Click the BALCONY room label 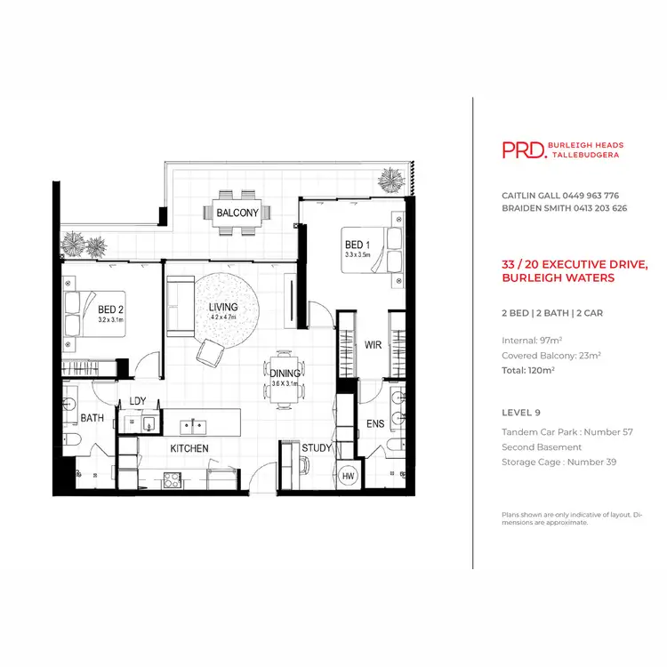pyautogui.click(x=237, y=213)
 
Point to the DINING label pyautogui.click(x=285, y=374)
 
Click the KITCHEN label pyautogui.click(x=189, y=448)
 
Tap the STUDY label pyautogui.click(x=316, y=448)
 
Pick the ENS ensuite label pyautogui.click(x=375, y=424)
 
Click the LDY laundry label pyautogui.click(x=138, y=401)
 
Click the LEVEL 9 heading pyautogui.click(x=521, y=414)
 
